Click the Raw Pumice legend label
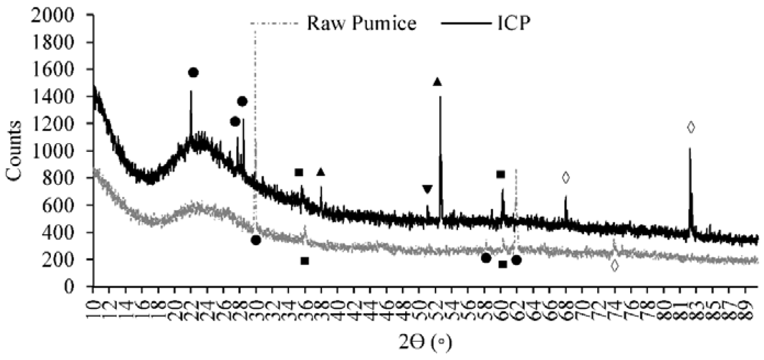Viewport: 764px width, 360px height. [361, 23]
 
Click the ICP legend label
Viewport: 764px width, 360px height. [513, 23]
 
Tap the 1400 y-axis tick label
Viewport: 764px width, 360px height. [52, 97]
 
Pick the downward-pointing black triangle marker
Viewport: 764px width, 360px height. [427, 189]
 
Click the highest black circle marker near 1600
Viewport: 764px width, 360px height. [193, 73]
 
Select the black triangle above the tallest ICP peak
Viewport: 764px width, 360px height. [437, 82]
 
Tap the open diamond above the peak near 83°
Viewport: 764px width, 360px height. [691, 127]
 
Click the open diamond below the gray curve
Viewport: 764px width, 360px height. [615, 265]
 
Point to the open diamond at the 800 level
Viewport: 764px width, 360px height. [566, 177]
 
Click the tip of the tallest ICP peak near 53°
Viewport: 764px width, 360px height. [440, 97]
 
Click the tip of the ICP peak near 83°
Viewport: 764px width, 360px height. [690, 148]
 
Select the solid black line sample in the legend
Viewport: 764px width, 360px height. [466, 23]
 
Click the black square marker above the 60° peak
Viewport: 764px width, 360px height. [500, 174]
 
